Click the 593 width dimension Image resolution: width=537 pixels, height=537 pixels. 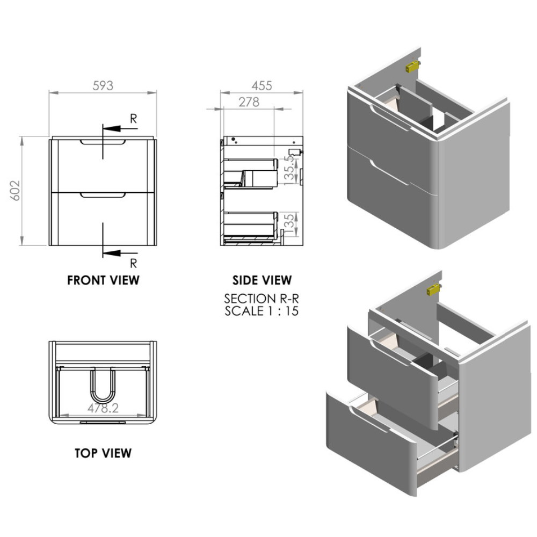click(103, 85)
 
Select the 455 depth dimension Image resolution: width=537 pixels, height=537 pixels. click(262, 85)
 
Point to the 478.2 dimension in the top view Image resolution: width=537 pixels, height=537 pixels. click(103, 408)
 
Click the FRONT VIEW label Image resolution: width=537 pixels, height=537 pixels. click(103, 280)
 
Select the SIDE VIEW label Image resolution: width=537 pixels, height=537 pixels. click(262, 280)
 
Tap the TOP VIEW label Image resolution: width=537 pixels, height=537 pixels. click(103, 453)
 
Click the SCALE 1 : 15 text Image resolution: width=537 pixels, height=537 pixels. click(262, 310)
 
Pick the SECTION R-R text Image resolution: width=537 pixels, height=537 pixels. click(262, 299)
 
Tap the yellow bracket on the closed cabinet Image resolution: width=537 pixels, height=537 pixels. click(411, 66)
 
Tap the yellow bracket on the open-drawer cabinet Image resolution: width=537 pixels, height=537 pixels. click(433, 290)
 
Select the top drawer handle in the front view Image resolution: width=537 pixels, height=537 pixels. click(103, 143)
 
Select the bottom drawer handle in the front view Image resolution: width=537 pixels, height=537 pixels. click(103, 197)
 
